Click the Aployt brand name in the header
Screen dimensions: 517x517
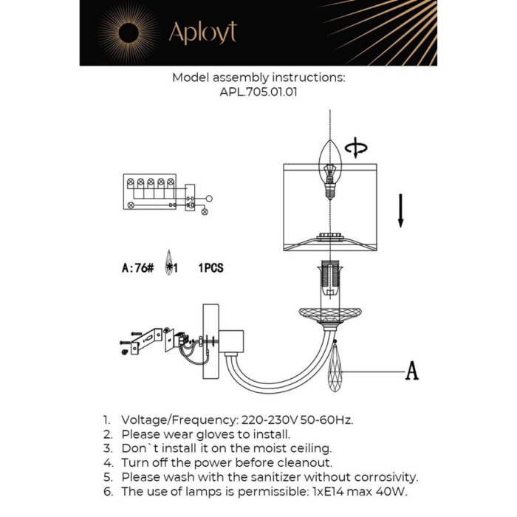click(x=202, y=33)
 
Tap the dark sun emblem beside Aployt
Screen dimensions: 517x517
click(x=127, y=33)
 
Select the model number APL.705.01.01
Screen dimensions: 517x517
click(x=258, y=93)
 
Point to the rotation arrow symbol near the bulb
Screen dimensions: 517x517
click(x=356, y=148)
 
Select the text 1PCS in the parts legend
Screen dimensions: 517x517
click(x=210, y=268)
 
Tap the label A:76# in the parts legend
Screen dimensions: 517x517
click(x=137, y=268)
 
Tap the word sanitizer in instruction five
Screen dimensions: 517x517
click(x=288, y=477)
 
